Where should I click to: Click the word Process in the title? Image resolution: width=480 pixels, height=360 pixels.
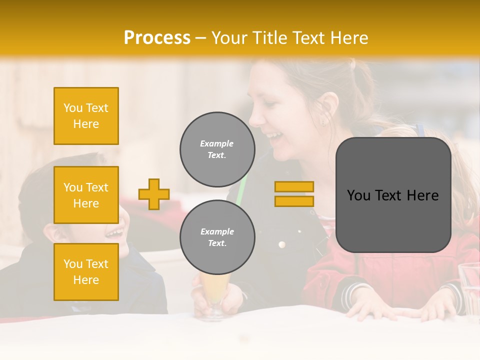157,38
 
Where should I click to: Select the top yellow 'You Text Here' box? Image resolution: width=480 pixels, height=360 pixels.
86,116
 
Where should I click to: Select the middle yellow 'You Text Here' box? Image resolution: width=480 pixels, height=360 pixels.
86,195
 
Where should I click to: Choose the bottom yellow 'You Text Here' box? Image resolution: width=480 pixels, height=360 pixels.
86,271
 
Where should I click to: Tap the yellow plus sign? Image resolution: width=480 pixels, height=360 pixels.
154,194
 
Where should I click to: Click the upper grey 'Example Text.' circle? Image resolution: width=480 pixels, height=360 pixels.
217,149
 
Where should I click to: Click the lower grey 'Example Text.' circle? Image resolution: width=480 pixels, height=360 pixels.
217,237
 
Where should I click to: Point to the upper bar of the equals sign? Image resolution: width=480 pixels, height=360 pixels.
294,186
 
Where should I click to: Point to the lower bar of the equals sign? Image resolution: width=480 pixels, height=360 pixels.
294,201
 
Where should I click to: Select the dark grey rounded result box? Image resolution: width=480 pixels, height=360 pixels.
393,195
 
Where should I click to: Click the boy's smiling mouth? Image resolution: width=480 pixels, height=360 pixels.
115,232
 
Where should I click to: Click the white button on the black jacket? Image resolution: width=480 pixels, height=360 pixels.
281,244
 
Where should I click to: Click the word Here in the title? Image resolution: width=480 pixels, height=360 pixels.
349,38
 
